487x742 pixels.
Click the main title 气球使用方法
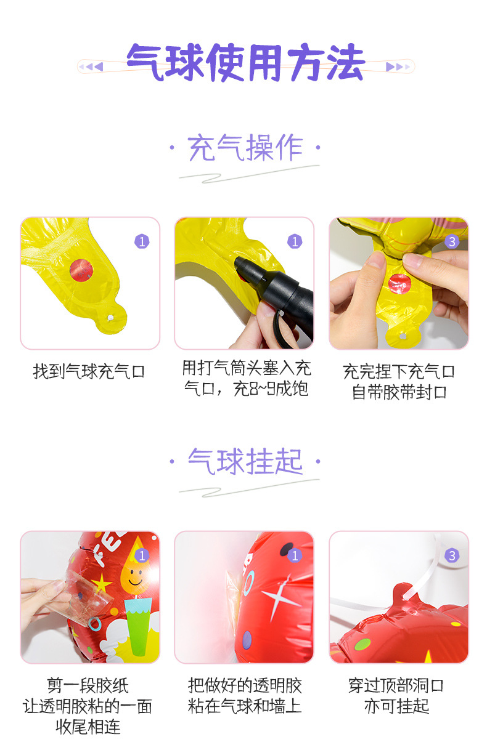(245, 63)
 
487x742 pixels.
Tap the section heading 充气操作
(245, 148)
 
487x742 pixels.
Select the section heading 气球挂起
(245, 462)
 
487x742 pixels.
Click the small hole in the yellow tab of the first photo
(110, 318)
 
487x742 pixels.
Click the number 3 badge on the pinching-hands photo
(452, 241)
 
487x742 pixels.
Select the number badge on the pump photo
(295, 241)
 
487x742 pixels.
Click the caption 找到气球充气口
(89, 372)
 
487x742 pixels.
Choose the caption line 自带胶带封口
(399, 392)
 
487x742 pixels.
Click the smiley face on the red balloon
(134, 579)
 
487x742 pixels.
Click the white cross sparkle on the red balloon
(280, 598)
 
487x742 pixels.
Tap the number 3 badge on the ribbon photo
(452, 555)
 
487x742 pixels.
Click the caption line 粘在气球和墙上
(245, 706)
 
